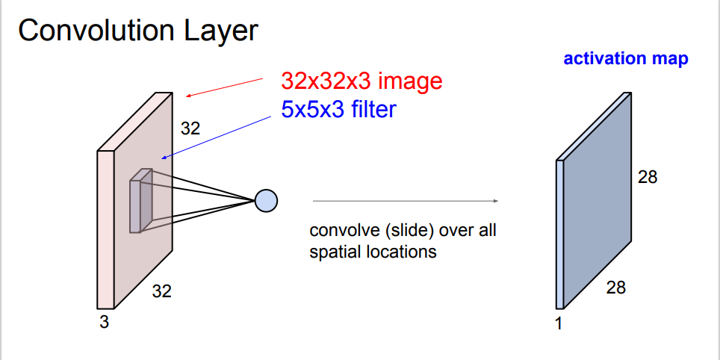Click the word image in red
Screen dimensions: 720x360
click(415, 81)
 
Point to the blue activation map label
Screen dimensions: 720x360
click(625, 59)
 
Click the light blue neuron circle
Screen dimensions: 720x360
click(266, 200)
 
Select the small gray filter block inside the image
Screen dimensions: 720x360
click(140, 201)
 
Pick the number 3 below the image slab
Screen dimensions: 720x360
click(104, 323)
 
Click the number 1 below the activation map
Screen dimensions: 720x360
click(558, 324)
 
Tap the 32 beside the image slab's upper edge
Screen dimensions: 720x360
click(190, 128)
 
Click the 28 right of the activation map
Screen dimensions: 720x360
click(648, 178)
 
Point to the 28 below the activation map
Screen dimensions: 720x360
click(615, 286)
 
